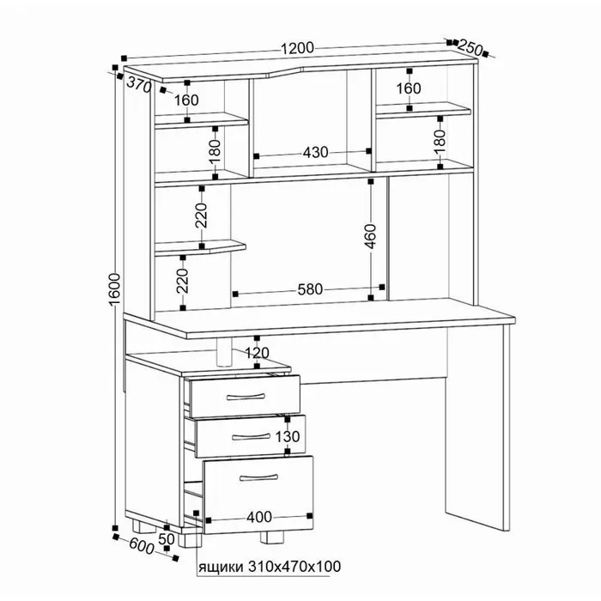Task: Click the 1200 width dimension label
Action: click(x=297, y=48)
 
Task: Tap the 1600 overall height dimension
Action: click(x=115, y=289)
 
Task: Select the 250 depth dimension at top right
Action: click(x=470, y=47)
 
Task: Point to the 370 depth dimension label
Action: click(x=139, y=85)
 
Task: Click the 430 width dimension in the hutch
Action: click(x=316, y=153)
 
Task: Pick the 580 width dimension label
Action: click(x=311, y=289)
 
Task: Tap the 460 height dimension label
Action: click(x=371, y=236)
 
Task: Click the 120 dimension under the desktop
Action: click(x=257, y=353)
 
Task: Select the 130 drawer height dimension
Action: click(x=288, y=436)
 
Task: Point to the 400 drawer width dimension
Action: click(x=259, y=517)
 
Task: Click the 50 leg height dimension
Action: click(x=167, y=539)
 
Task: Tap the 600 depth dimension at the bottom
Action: click(x=141, y=545)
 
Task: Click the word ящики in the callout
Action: click(x=221, y=567)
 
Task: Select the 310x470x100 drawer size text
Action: click(x=294, y=566)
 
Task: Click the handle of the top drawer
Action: click(x=246, y=397)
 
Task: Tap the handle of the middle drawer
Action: click(x=251, y=436)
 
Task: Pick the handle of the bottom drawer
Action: click(x=258, y=477)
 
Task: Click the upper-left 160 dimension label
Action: click(x=186, y=100)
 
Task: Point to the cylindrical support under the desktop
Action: click(x=224, y=352)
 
